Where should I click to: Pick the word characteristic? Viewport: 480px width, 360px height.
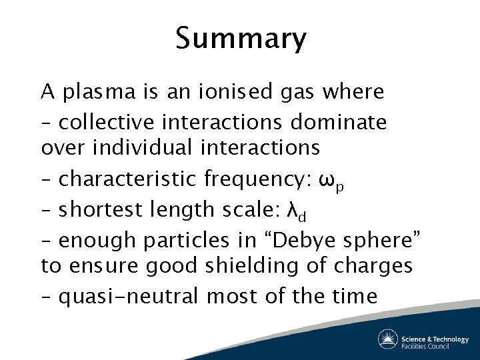click(127, 179)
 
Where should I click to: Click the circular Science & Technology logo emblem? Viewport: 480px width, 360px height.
click(387, 339)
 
